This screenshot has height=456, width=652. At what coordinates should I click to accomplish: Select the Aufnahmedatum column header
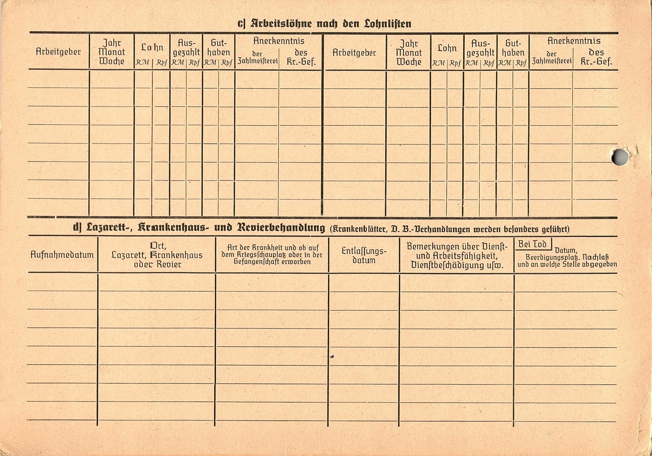(62, 255)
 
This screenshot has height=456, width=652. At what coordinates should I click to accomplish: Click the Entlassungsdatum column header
(364, 256)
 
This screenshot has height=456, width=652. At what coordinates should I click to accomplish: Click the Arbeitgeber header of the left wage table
(58, 52)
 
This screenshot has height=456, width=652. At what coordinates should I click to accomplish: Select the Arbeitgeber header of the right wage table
(354, 53)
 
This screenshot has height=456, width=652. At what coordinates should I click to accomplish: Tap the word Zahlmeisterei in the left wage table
(257, 61)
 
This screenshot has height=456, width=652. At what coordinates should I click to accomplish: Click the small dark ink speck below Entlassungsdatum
(332, 356)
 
